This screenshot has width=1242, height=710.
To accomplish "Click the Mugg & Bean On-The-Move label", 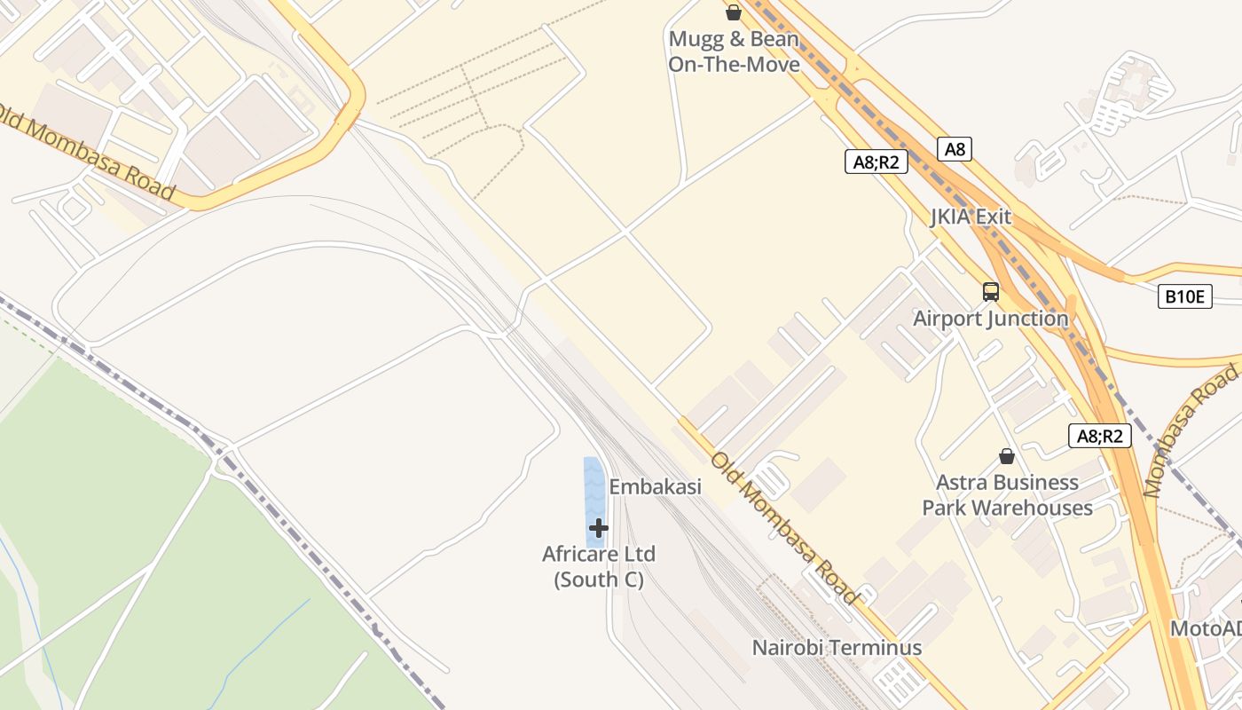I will pos(734,51).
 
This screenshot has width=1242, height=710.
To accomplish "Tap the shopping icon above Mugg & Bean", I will pos(734,12).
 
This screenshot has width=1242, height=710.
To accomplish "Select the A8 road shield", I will pos(955,149).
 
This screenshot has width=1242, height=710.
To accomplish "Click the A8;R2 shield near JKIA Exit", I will pos(876,162).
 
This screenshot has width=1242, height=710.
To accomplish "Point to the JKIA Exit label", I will pos(971,217).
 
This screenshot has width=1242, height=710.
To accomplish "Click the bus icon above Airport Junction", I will pos(990,291).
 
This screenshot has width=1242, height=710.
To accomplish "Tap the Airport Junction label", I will pos(990,318).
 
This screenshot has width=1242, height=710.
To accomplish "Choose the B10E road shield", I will pos(1184,296).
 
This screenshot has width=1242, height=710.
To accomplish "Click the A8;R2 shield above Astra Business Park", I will pos(1099,436).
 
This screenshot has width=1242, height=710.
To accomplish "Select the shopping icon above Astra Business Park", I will pos(1006,456).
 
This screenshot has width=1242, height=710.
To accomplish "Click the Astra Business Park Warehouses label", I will pos(1007,495).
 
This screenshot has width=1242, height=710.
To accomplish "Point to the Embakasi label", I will pos(655,486).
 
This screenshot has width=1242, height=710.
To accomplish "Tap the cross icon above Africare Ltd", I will pos(599,528).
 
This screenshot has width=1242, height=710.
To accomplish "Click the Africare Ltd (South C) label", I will pos(599,566).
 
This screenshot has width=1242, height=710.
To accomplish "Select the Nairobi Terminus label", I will pos(837,647).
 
